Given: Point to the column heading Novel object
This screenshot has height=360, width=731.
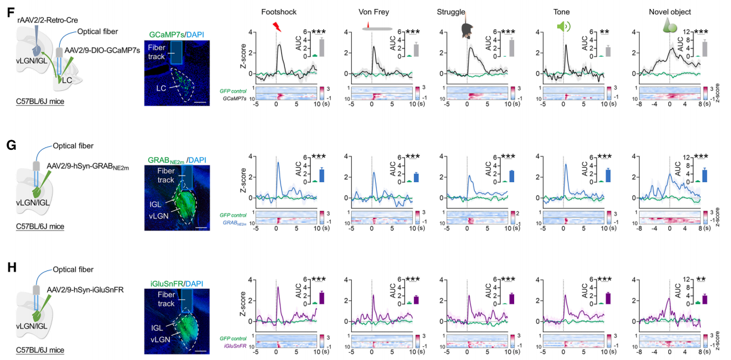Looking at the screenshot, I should tap(670, 12).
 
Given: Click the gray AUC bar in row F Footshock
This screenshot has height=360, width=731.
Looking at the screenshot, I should tap(322, 47).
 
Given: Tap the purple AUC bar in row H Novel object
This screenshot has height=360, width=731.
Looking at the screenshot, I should tap(704, 299).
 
